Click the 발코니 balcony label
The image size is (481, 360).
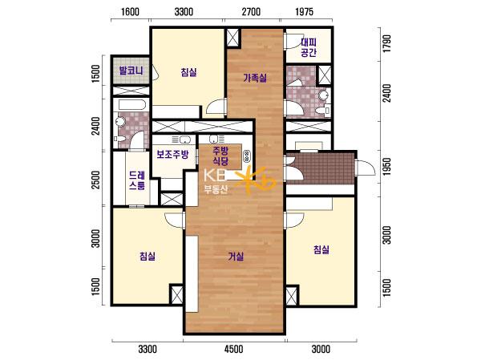point(131,71)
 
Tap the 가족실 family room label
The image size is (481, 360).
point(255,78)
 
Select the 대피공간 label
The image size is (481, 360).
point(309,47)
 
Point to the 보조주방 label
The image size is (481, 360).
point(172,154)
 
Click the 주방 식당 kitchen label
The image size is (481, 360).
point(220,156)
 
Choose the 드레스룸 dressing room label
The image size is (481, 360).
point(137,180)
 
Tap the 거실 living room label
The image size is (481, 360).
point(236,256)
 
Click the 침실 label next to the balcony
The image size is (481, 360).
point(188,72)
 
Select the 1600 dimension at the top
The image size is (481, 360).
point(130,12)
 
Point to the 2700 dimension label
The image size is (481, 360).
point(251,12)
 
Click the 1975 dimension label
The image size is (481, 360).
point(305,12)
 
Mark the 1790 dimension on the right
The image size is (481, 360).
point(387,43)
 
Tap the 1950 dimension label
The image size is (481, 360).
point(387,167)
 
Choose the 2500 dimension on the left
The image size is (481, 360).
point(96,180)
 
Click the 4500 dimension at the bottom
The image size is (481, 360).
point(234,349)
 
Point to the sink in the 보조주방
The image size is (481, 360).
point(185,140)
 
